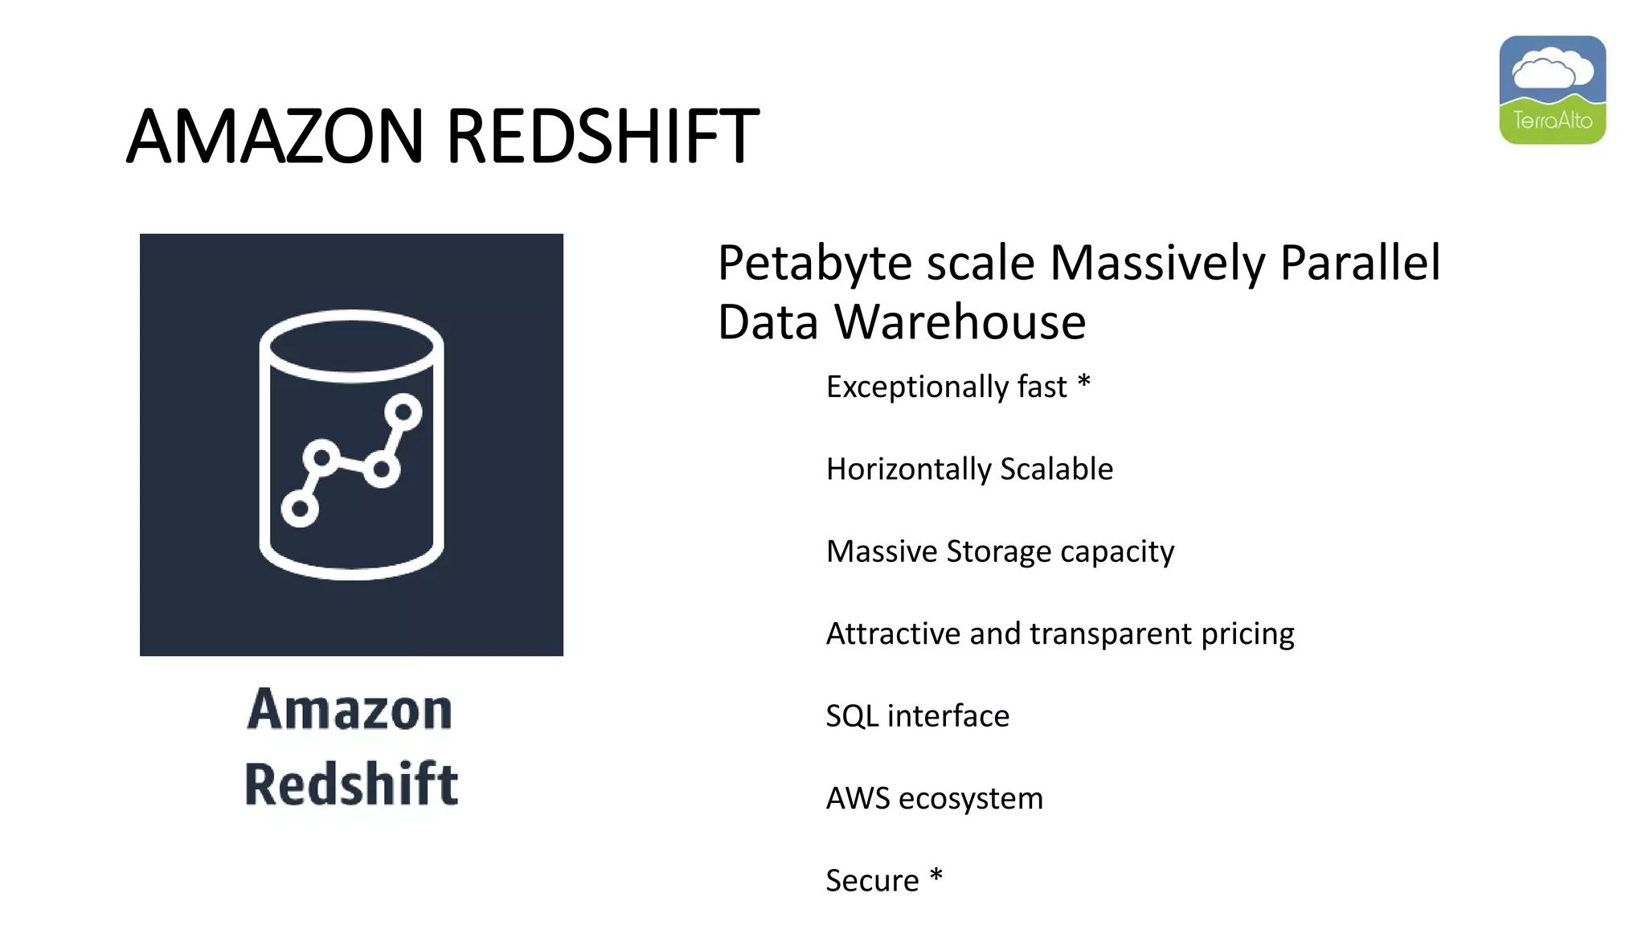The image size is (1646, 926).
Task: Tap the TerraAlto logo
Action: pyautogui.click(x=1552, y=90)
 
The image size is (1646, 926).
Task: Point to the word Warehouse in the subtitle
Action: pyautogui.click(x=960, y=322)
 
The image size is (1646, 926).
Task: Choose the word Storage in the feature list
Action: pyautogui.click(x=998, y=551)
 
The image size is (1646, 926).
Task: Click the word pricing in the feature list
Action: pyautogui.click(x=1247, y=634)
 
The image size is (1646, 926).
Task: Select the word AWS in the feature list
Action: pyautogui.click(x=858, y=798)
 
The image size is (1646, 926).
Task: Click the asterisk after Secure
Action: pyautogui.click(x=936, y=876)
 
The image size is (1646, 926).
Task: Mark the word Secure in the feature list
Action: pyautogui.click(x=872, y=881)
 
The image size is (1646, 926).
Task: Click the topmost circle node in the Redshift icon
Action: pyautogui.click(x=403, y=412)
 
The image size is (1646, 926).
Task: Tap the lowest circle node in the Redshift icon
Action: pyautogui.click(x=300, y=508)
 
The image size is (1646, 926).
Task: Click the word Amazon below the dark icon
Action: pyautogui.click(x=350, y=710)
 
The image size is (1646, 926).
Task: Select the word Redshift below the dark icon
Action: pyautogui.click(x=351, y=784)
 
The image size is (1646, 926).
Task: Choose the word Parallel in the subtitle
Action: pyautogui.click(x=1360, y=264)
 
